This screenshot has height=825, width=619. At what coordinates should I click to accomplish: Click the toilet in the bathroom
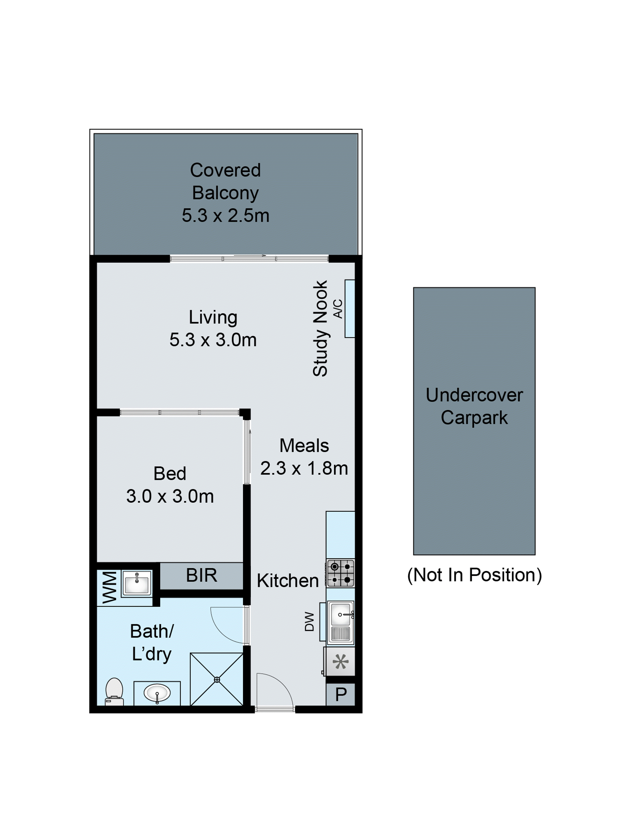[114, 692]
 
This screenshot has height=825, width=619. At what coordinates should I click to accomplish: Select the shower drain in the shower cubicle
[217, 680]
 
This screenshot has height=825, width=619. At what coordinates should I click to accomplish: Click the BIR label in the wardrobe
[201, 575]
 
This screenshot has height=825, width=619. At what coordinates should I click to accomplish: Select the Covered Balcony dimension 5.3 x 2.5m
[225, 216]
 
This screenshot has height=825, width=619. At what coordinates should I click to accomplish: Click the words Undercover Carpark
[474, 406]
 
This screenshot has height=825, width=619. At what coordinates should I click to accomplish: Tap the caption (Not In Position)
[474, 575]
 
